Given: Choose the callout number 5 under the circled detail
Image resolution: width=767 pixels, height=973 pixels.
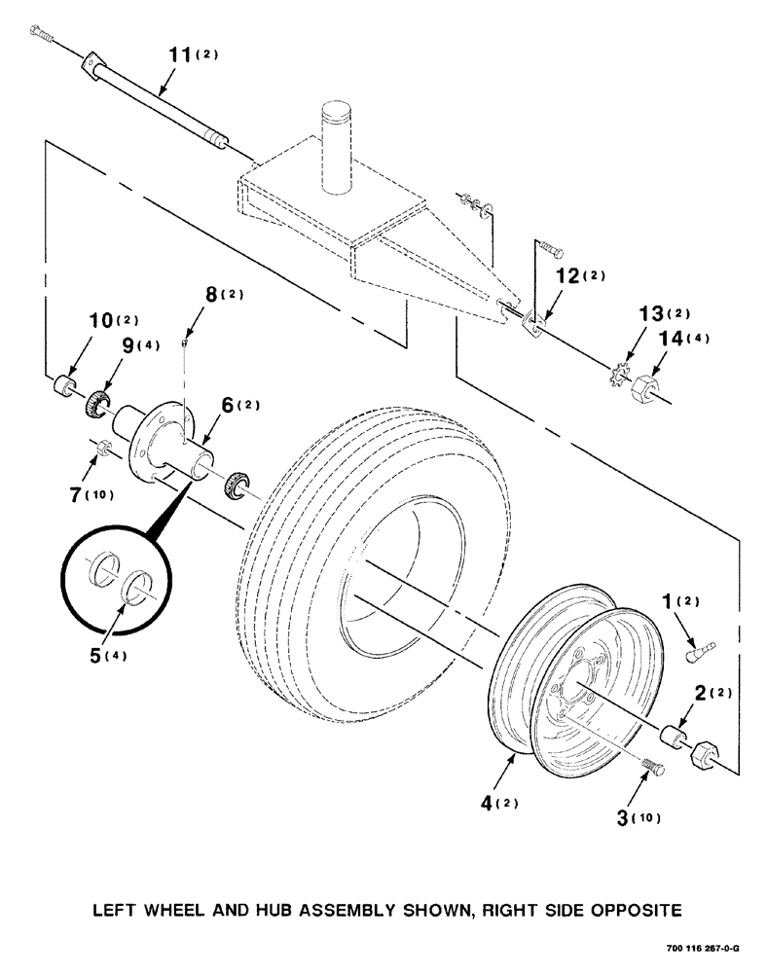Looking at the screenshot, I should click(x=100, y=655).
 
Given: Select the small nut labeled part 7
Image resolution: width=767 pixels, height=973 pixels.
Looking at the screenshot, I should click(x=106, y=450).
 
